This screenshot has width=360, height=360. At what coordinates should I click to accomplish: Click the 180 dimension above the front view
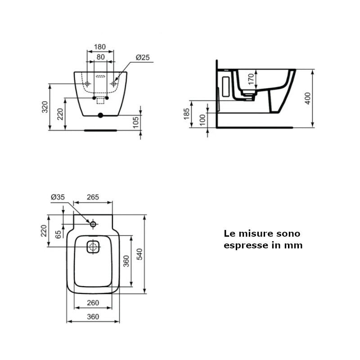click(x=100, y=47)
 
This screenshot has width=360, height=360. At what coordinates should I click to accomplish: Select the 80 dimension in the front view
click(x=100, y=57)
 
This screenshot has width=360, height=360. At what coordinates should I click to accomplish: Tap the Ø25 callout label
click(x=143, y=57)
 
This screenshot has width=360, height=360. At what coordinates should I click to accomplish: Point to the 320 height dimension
click(x=45, y=107)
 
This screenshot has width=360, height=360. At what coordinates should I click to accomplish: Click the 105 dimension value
click(x=136, y=122)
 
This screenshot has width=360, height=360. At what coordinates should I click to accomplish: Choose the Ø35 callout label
click(x=58, y=197)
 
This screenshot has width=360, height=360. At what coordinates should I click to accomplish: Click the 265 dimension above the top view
click(x=93, y=197)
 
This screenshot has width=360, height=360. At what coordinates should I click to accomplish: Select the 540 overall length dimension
click(x=139, y=254)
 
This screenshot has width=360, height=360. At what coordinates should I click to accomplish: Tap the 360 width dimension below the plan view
click(x=93, y=317)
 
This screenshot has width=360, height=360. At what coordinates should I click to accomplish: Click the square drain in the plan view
click(x=93, y=247)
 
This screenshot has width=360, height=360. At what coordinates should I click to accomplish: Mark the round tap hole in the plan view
click(x=93, y=224)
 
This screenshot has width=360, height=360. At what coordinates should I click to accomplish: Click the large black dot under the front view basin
click(x=100, y=116)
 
